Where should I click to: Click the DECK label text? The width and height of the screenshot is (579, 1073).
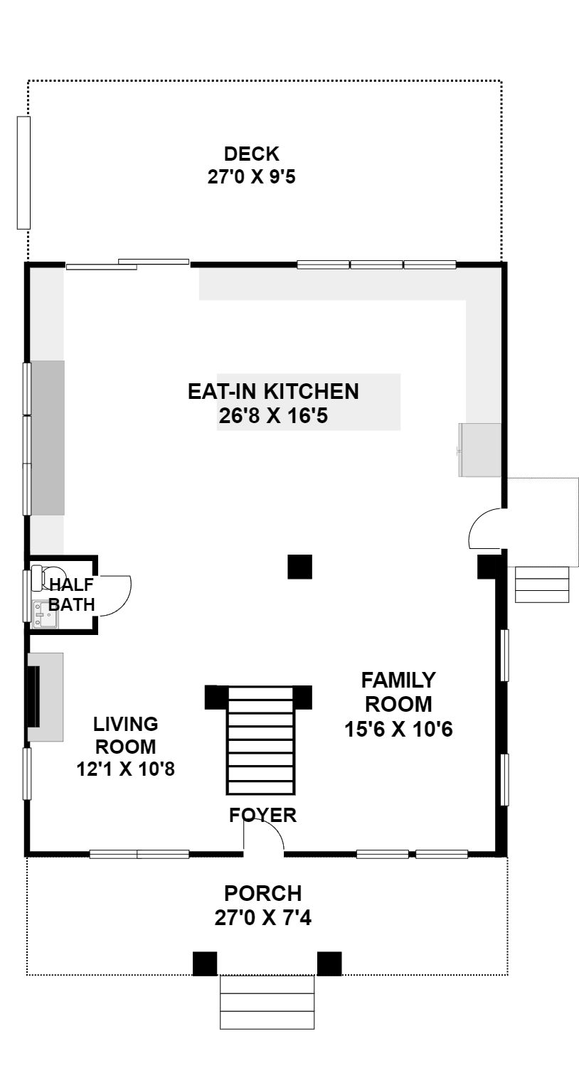tap(251, 154)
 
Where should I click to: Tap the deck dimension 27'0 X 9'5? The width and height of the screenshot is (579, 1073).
tap(251, 177)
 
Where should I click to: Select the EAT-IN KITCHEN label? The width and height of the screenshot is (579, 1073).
tap(273, 391)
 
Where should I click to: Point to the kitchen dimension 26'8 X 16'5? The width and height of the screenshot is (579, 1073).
tap(273, 415)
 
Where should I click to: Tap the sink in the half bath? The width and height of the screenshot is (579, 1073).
tap(45, 614)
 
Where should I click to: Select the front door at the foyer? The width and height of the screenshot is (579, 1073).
tap(264, 837)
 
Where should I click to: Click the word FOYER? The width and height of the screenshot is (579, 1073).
tap(262, 815)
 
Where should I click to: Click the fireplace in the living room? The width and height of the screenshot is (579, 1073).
tap(45, 697)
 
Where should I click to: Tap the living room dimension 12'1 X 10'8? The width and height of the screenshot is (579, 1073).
tap(126, 769)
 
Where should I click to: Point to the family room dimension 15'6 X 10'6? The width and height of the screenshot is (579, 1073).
tap(398, 729)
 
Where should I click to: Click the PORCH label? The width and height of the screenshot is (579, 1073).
tap(263, 893)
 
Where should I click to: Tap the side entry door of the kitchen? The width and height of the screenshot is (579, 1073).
tap(486, 528)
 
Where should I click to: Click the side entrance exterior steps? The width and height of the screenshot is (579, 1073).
tap(542, 584)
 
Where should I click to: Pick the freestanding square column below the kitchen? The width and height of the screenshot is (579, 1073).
tap(299, 567)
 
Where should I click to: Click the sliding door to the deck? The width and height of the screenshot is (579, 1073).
tap(127, 265)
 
